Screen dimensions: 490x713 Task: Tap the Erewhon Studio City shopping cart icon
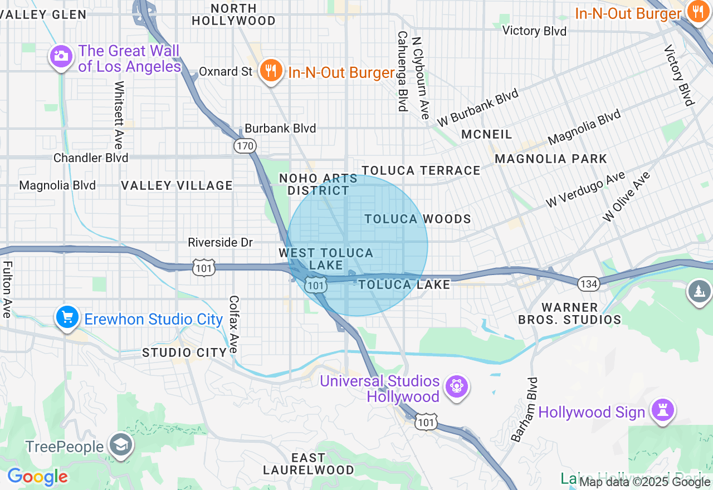(x=67, y=317)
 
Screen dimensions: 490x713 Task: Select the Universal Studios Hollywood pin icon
(x=456, y=386)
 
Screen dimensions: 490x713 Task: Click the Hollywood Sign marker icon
(x=662, y=411)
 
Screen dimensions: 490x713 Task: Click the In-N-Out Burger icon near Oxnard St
(x=270, y=71)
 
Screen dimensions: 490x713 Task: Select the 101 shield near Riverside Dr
(x=203, y=268)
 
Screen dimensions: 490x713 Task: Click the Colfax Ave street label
(x=233, y=324)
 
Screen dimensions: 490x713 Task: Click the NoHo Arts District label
(x=318, y=184)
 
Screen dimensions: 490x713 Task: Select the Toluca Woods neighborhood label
(x=418, y=219)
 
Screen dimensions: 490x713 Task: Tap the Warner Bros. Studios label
(x=569, y=313)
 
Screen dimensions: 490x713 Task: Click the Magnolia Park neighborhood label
(x=550, y=159)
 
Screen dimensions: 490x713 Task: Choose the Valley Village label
(x=177, y=185)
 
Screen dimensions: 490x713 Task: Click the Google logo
(x=37, y=477)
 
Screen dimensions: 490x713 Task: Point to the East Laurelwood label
(x=308, y=463)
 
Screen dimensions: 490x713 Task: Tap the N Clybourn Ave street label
(x=421, y=78)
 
